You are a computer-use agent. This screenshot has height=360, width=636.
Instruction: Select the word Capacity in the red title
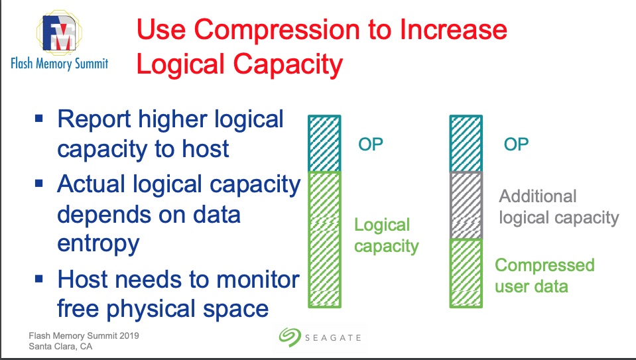click(x=288, y=65)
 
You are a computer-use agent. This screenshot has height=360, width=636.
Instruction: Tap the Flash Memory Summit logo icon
click(x=59, y=32)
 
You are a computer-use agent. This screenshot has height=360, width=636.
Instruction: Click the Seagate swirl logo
click(x=290, y=337)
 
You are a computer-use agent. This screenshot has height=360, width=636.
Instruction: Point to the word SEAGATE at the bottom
click(x=333, y=337)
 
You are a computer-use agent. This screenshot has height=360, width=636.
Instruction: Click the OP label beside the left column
click(x=370, y=144)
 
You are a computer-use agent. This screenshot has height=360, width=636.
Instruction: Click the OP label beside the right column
click(x=516, y=144)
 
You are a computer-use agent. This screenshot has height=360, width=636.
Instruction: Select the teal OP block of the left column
click(x=324, y=143)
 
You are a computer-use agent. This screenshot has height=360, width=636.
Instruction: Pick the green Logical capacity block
click(x=324, y=239)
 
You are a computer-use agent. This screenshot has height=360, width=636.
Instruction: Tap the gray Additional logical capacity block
click(x=466, y=206)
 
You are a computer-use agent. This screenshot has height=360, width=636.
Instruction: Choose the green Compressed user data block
click(x=466, y=273)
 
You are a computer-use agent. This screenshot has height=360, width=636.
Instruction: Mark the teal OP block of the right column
click(x=466, y=143)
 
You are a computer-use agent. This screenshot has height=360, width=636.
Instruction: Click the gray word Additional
click(x=537, y=196)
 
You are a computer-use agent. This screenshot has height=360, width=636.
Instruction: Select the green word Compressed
click(x=544, y=266)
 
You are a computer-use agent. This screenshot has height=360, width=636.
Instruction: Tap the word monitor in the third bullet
click(x=257, y=280)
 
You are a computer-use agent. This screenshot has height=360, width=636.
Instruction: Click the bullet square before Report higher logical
click(x=39, y=119)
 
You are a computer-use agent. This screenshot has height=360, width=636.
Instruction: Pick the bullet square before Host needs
click(x=39, y=279)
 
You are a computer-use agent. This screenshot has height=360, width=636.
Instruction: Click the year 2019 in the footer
click(x=129, y=335)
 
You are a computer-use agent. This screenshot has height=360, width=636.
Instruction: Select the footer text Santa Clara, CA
click(x=60, y=347)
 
